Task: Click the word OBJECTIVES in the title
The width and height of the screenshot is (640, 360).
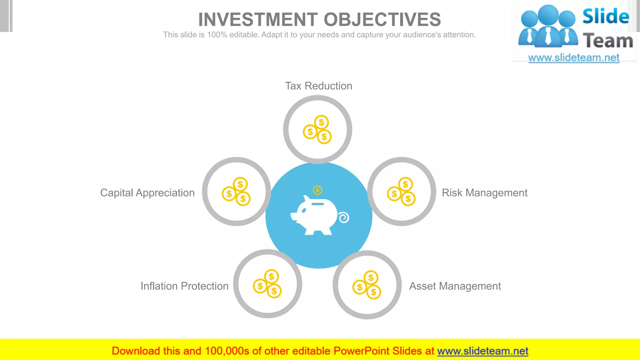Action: point(382,19)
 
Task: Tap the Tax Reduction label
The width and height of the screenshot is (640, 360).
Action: point(318,86)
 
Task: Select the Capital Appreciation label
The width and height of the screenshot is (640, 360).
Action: point(147,193)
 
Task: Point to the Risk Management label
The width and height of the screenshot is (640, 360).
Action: point(484,193)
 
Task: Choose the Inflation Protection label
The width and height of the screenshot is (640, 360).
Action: point(184,286)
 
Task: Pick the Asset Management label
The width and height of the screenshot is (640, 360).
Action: point(455,286)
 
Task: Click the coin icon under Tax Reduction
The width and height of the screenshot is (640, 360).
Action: point(317,130)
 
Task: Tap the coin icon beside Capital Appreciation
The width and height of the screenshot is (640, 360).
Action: point(236,192)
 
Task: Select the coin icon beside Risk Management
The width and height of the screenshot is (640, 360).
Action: point(401,192)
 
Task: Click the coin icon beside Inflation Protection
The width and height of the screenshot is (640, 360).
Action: point(267,284)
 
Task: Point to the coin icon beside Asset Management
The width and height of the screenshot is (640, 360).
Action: point(367,285)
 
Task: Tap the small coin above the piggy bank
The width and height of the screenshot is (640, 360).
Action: point(317,190)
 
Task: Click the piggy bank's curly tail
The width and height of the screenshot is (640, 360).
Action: point(344,217)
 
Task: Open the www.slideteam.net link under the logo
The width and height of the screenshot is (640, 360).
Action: point(574,58)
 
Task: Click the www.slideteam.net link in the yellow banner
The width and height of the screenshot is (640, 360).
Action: point(482,351)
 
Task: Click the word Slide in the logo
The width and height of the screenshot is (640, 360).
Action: point(606,16)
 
